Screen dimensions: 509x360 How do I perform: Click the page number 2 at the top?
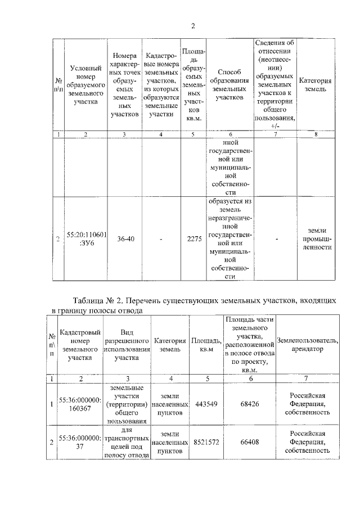(192, 26)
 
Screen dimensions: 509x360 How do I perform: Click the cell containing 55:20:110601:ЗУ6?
(84, 239)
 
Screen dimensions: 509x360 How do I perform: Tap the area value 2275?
(194, 239)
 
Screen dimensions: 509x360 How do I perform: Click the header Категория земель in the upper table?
(315, 85)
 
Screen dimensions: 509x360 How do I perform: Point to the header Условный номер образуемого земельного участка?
(84, 85)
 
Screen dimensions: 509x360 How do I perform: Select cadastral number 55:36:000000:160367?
(80, 403)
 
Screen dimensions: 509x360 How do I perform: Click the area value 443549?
(206, 403)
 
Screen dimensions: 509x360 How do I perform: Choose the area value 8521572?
(206, 443)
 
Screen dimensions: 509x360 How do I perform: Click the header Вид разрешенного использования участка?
(127, 345)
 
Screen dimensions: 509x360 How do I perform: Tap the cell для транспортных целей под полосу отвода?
(127, 443)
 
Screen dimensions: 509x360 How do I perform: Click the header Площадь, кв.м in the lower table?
(206, 345)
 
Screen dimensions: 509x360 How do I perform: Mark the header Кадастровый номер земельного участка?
(80, 345)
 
